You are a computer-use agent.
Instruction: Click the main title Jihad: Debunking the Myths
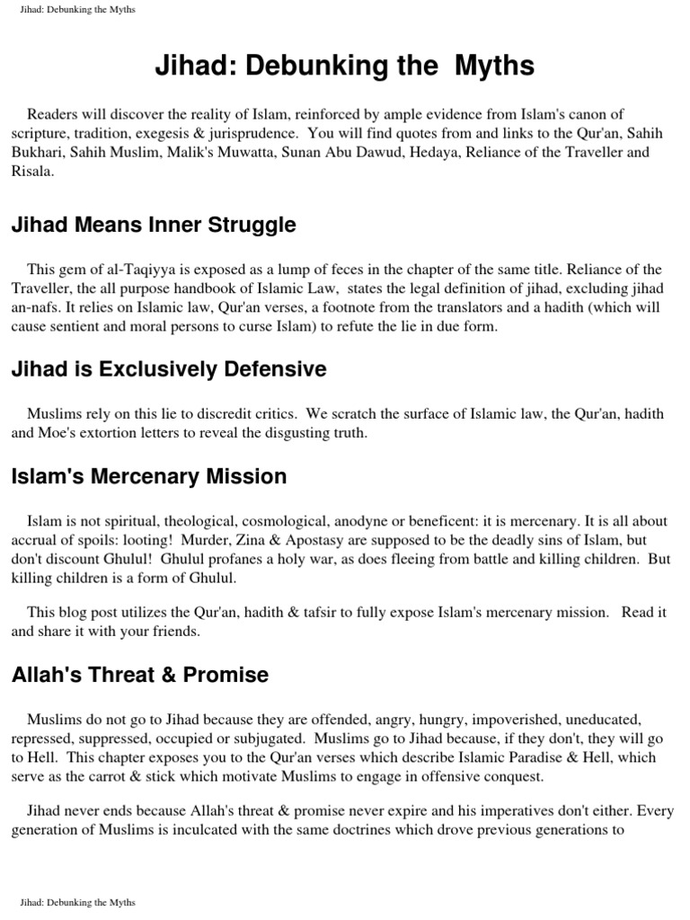[345, 66]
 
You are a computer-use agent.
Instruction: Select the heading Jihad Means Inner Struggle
[154, 225]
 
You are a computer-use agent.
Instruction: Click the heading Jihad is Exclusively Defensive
[169, 369]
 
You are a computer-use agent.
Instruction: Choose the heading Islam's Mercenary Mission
[149, 476]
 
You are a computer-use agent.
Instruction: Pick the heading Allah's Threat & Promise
[140, 674]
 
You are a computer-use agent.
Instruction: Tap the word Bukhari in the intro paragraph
[37, 152]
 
